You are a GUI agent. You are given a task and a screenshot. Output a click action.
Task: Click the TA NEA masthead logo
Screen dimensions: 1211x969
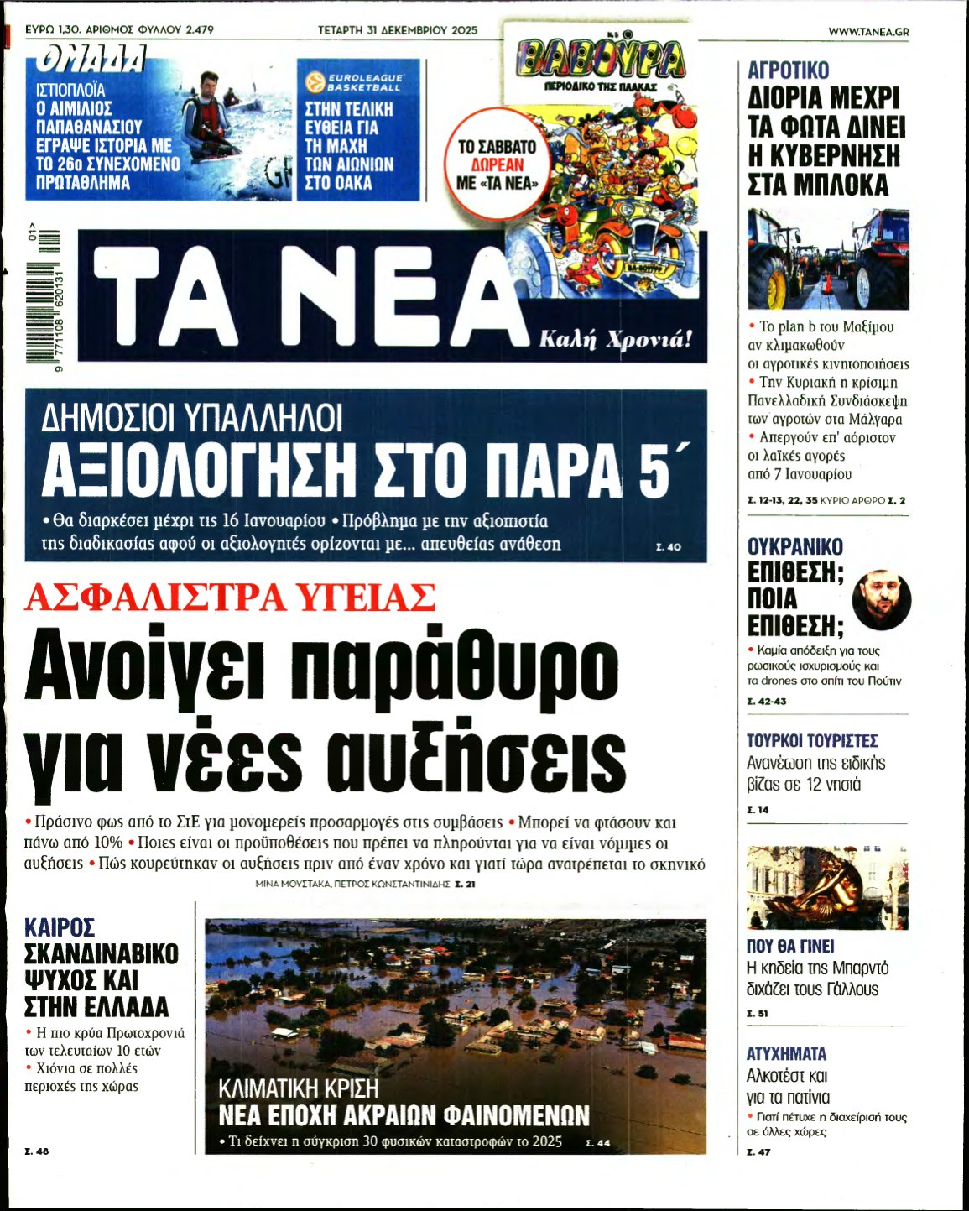310,296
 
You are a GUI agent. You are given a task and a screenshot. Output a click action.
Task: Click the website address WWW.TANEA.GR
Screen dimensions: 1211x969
867,31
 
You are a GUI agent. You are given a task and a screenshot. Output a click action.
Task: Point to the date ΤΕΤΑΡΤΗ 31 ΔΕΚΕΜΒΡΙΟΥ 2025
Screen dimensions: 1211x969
397,30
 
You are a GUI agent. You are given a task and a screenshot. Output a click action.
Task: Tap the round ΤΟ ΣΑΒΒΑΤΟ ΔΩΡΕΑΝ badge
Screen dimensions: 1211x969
497,164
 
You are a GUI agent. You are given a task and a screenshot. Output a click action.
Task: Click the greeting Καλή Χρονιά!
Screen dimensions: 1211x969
616,340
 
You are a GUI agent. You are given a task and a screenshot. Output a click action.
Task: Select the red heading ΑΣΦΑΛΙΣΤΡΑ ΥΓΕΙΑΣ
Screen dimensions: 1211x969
230,598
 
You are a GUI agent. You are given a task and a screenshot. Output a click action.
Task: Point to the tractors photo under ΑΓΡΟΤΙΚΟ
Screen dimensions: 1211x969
827,258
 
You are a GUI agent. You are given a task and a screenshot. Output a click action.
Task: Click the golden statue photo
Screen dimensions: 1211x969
827,887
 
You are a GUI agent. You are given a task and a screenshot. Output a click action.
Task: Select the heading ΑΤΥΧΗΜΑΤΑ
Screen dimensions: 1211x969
786,1053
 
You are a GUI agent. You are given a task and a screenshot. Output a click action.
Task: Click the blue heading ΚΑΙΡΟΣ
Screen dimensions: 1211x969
60,927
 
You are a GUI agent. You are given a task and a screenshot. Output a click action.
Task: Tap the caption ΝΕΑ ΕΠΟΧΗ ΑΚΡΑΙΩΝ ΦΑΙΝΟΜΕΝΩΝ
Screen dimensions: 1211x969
404,1115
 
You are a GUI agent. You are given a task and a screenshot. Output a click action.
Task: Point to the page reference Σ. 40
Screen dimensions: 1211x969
668,547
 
